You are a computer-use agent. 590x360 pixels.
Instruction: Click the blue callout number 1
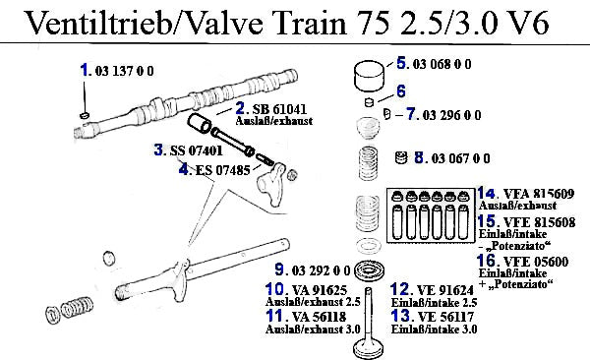tap(85, 70)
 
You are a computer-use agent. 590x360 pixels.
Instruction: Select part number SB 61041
tap(279, 109)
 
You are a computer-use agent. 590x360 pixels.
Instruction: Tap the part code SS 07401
tap(196, 150)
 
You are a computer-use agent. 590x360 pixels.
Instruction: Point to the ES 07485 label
tap(223, 170)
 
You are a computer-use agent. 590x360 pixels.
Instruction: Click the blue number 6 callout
tap(401, 91)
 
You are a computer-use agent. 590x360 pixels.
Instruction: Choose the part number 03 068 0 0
tap(442, 64)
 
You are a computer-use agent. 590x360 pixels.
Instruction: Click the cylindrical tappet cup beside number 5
tap(370, 76)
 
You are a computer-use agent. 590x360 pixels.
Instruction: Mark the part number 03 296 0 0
tap(451, 115)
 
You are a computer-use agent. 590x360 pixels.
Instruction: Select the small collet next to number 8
tap(401, 157)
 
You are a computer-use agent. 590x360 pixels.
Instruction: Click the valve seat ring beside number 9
tap(371, 270)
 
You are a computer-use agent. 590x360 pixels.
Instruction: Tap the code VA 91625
tap(320, 290)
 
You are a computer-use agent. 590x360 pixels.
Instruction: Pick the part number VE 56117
tap(445, 317)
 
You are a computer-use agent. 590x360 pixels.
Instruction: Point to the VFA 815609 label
tap(539, 194)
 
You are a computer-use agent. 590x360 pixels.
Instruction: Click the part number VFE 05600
tap(536, 262)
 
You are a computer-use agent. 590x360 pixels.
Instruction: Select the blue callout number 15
tap(487, 221)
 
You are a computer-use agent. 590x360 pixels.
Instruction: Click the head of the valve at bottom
tap(369, 349)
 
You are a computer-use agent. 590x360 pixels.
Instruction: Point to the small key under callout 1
tap(85, 114)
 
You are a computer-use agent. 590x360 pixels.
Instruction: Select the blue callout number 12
tap(399, 289)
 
